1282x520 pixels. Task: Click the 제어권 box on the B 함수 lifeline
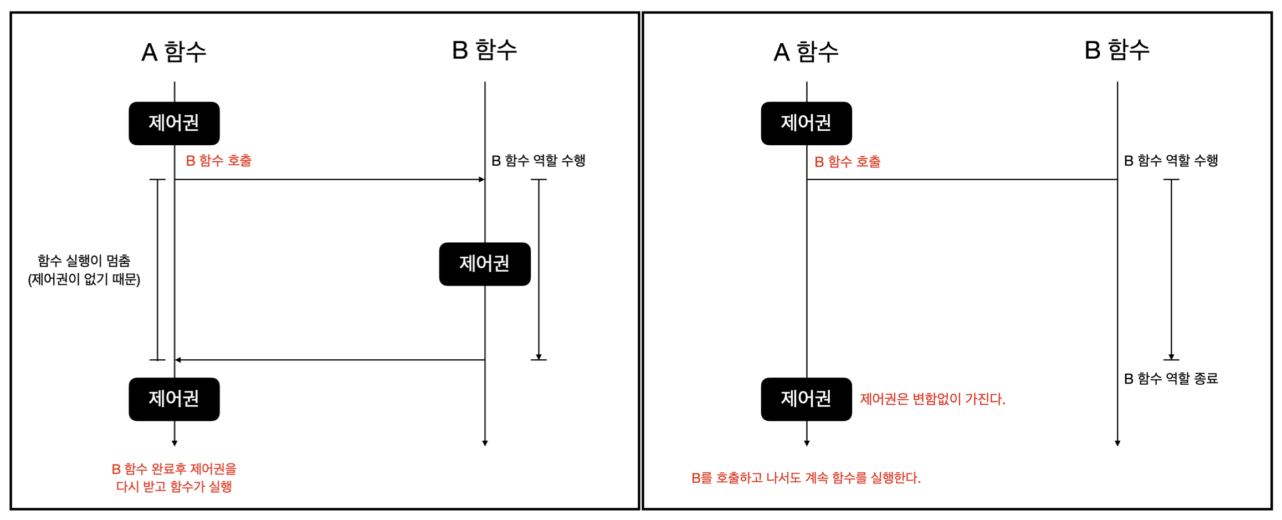tap(484, 264)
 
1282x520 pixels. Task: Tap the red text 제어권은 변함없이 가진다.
tap(932, 399)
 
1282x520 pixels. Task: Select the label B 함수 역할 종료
tap(1170, 379)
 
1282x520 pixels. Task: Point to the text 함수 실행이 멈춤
tap(84, 261)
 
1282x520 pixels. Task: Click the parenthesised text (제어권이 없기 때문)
tap(84, 279)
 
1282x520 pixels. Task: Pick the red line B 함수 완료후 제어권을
tap(174, 469)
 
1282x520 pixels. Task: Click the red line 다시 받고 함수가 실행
tap(174, 487)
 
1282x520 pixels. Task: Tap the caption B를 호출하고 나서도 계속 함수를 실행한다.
tap(806, 478)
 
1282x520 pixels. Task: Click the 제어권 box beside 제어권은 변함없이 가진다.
tap(806, 399)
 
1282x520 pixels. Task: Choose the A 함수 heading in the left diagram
tap(174, 52)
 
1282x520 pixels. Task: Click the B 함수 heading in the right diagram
tap(1116, 50)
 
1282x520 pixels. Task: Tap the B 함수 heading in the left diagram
tap(484, 50)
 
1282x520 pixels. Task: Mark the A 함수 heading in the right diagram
tap(806, 52)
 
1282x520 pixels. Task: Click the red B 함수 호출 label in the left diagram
tap(218, 161)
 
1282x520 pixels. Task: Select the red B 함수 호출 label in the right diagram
tap(847, 162)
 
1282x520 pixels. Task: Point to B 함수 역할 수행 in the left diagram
tap(538, 161)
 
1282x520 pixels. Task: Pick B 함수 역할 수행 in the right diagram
tap(1170, 161)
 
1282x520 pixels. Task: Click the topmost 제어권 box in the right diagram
tap(806, 123)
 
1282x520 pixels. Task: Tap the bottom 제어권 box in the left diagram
tap(174, 399)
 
